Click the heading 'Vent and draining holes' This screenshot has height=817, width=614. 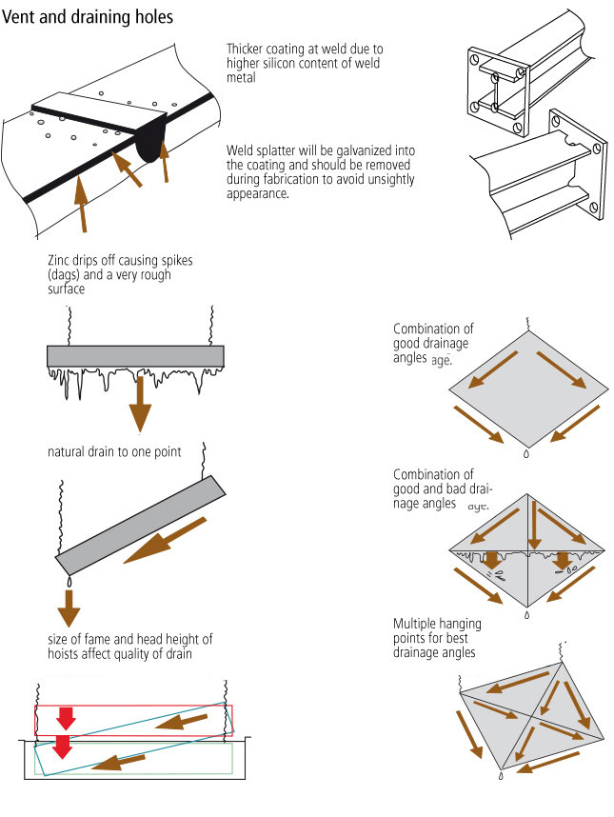point(89,16)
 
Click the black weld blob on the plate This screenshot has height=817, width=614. point(148,140)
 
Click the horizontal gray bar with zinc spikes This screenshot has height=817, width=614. point(135,356)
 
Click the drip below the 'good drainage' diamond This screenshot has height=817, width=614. point(527,455)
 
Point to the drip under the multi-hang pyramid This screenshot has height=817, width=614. point(501,777)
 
